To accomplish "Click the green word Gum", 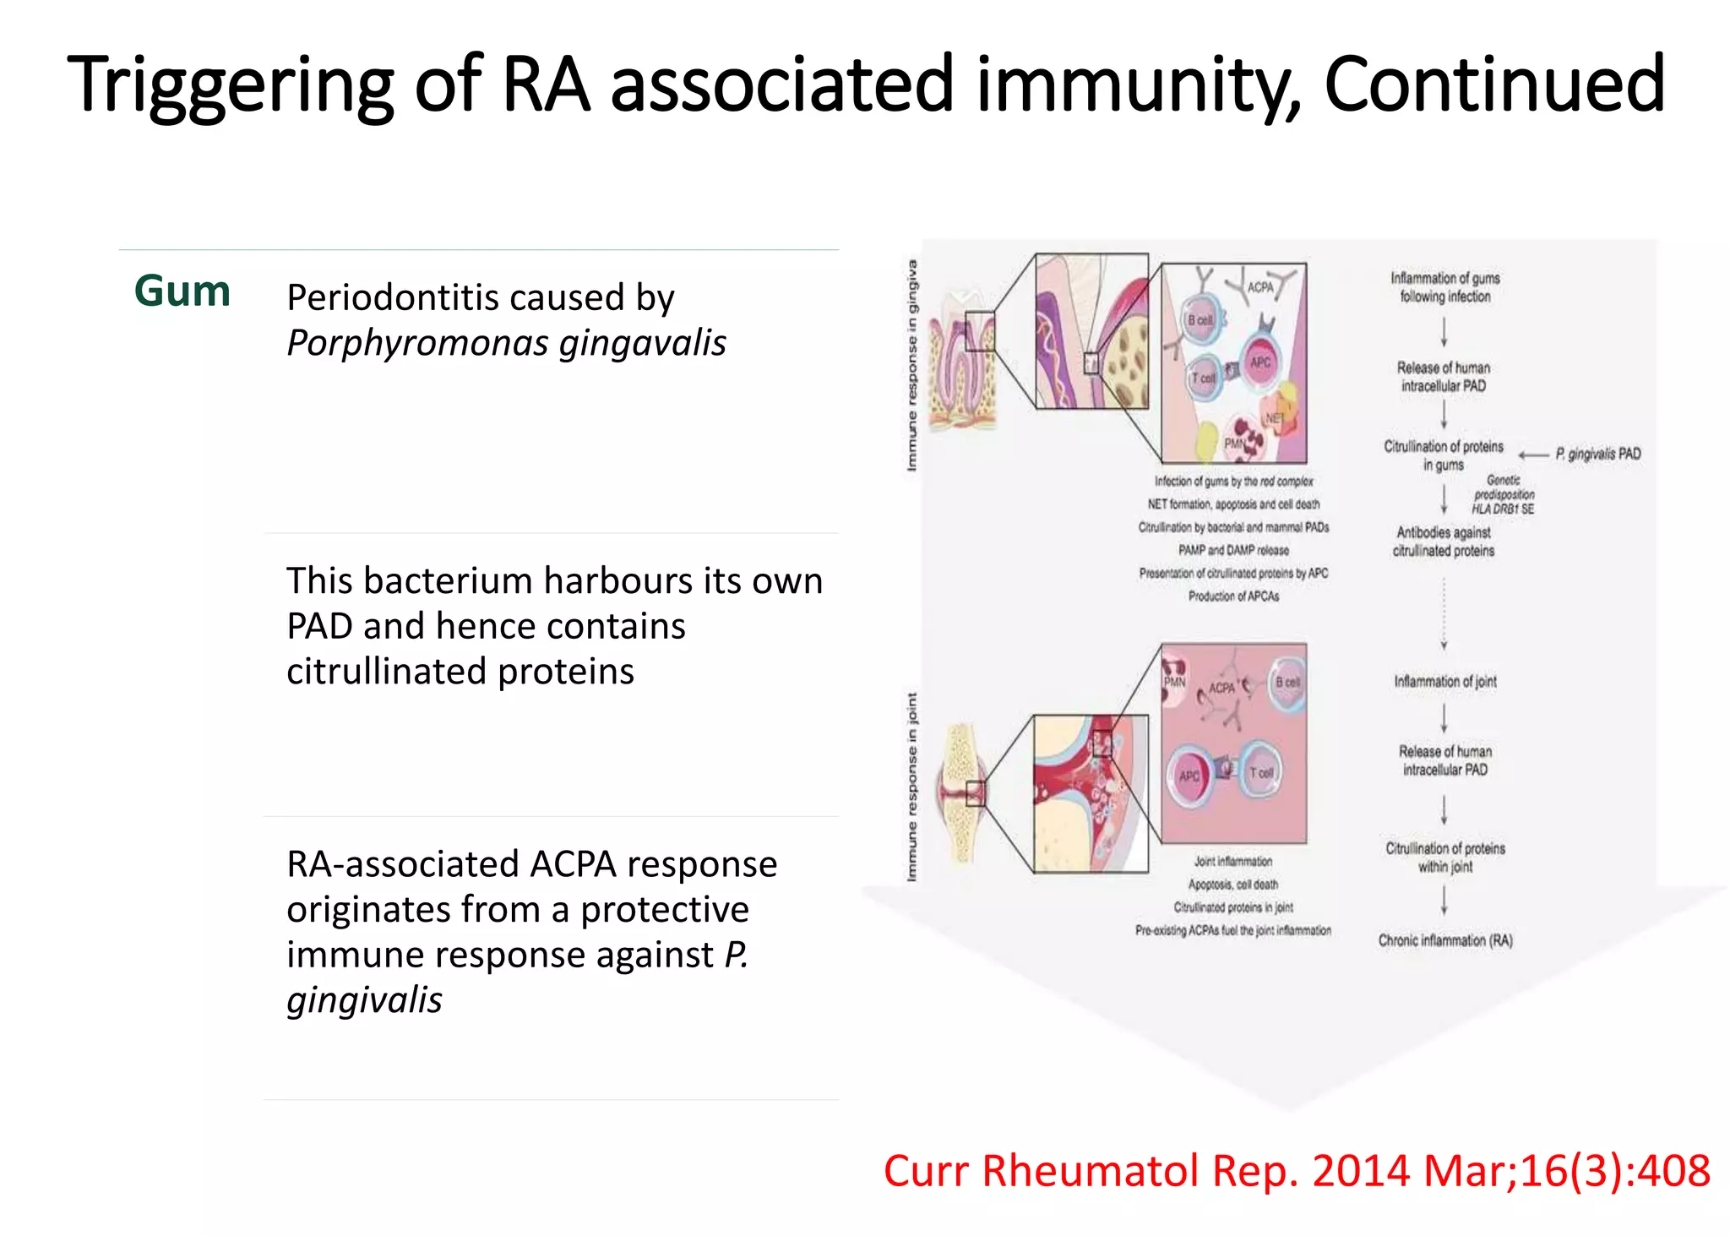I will pyautogui.click(x=182, y=291).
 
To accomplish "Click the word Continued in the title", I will pyautogui.click(x=1493, y=84).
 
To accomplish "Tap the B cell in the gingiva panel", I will pyautogui.click(x=1200, y=321).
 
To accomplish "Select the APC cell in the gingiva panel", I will pyautogui.click(x=1260, y=362).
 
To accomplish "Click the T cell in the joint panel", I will pyautogui.click(x=1260, y=772).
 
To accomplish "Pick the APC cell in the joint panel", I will pyautogui.click(x=1189, y=776).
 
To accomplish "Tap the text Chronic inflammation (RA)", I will pyautogui.click(x=1445, y=940).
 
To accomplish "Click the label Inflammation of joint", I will pyautogui.click(x=1444, y=681).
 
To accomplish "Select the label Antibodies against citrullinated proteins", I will pyautogui.click(x=1443, y=542).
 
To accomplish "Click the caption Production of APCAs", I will pyautogui.click(x=1233, y=596).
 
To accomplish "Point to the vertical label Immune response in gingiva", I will pyautogui.click(x=911, y=365).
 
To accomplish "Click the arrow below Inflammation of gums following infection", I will pyautogui.click(x=1444, y=331).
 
